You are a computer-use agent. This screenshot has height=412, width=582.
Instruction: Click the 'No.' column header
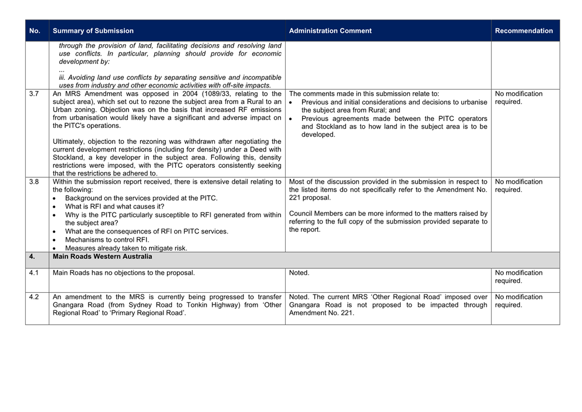35,31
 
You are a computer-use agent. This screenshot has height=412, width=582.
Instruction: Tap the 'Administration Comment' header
330,31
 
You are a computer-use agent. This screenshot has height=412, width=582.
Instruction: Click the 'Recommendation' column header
524,31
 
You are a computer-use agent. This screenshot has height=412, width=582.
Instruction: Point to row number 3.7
34,94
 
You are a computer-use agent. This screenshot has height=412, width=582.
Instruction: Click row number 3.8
34,182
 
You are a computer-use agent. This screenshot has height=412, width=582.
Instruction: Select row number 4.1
34,273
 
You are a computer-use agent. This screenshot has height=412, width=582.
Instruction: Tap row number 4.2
34,297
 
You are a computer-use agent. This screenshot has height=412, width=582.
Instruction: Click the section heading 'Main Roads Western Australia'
102,256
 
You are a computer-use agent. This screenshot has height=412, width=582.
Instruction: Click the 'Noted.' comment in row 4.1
299,273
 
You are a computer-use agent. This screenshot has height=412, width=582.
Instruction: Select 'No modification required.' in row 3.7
519,98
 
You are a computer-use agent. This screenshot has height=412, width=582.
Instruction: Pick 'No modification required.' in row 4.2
519,301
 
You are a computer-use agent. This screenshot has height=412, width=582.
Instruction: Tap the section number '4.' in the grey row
32,256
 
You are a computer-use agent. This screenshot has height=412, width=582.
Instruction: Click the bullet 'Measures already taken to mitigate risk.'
126,248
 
